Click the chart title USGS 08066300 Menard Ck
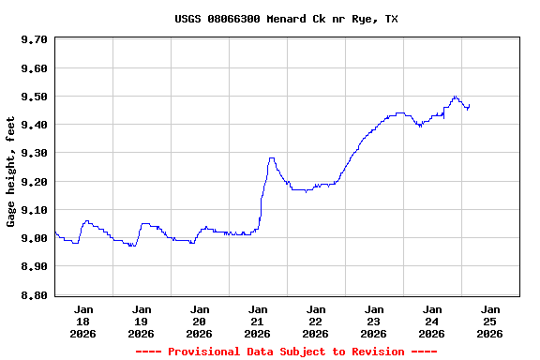[x=286, y=19]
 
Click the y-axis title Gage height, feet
[x=11, y=172]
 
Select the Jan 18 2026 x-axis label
[x=83, y=321]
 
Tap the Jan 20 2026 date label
[x=199, y=321]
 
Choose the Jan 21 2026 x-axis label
[x=257, y=321]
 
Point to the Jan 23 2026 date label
[x=373, y=321]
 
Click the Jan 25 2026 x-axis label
[x=489, y=321]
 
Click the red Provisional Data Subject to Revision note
[x=286, y=352]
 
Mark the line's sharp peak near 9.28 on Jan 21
[x=271, y=157]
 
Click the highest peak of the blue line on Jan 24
[x=455, y=96]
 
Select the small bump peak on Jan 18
[x=87, y=221]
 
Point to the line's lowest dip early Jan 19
[x=132, y=246]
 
